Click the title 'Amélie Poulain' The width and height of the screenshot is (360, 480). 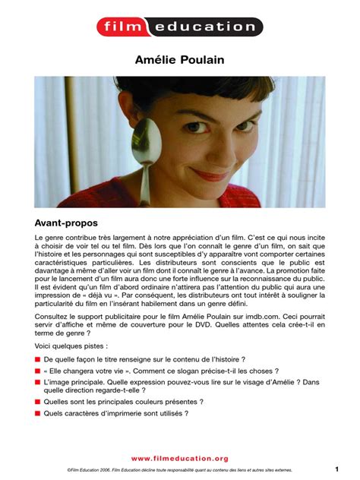[179, 59]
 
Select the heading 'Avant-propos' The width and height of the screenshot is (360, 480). [69, 225]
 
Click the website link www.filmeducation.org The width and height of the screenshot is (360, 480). [179, 458]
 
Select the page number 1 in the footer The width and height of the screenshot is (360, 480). [336, 469]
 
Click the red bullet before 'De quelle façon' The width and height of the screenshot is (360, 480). [37, 357]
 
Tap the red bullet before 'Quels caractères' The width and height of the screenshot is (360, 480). [37, 414]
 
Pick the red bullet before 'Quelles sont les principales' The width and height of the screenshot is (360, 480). [37, 401]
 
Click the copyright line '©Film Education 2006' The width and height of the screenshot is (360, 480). [88, 470]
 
